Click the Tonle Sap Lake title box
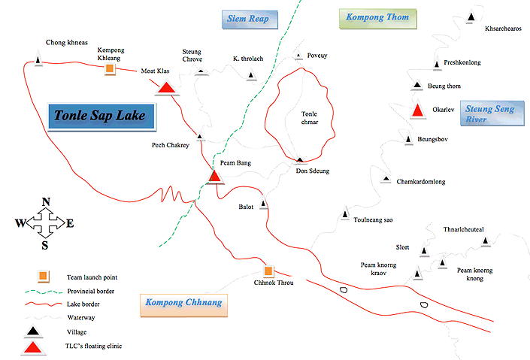100,116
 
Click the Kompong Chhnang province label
183,305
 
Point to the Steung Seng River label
489,113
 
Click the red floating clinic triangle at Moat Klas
166,88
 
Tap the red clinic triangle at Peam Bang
215,176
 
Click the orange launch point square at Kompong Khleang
110,70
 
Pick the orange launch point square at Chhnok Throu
268,271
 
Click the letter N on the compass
46,201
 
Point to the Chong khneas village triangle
38,59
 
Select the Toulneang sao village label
373,219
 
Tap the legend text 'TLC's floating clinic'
95,346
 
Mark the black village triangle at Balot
264,204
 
